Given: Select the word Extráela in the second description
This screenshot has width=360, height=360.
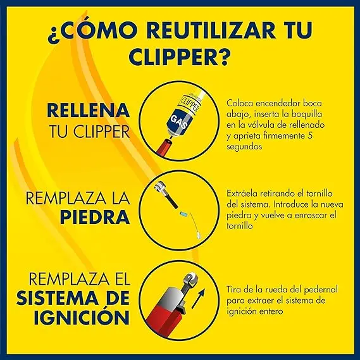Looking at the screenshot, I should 241,192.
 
